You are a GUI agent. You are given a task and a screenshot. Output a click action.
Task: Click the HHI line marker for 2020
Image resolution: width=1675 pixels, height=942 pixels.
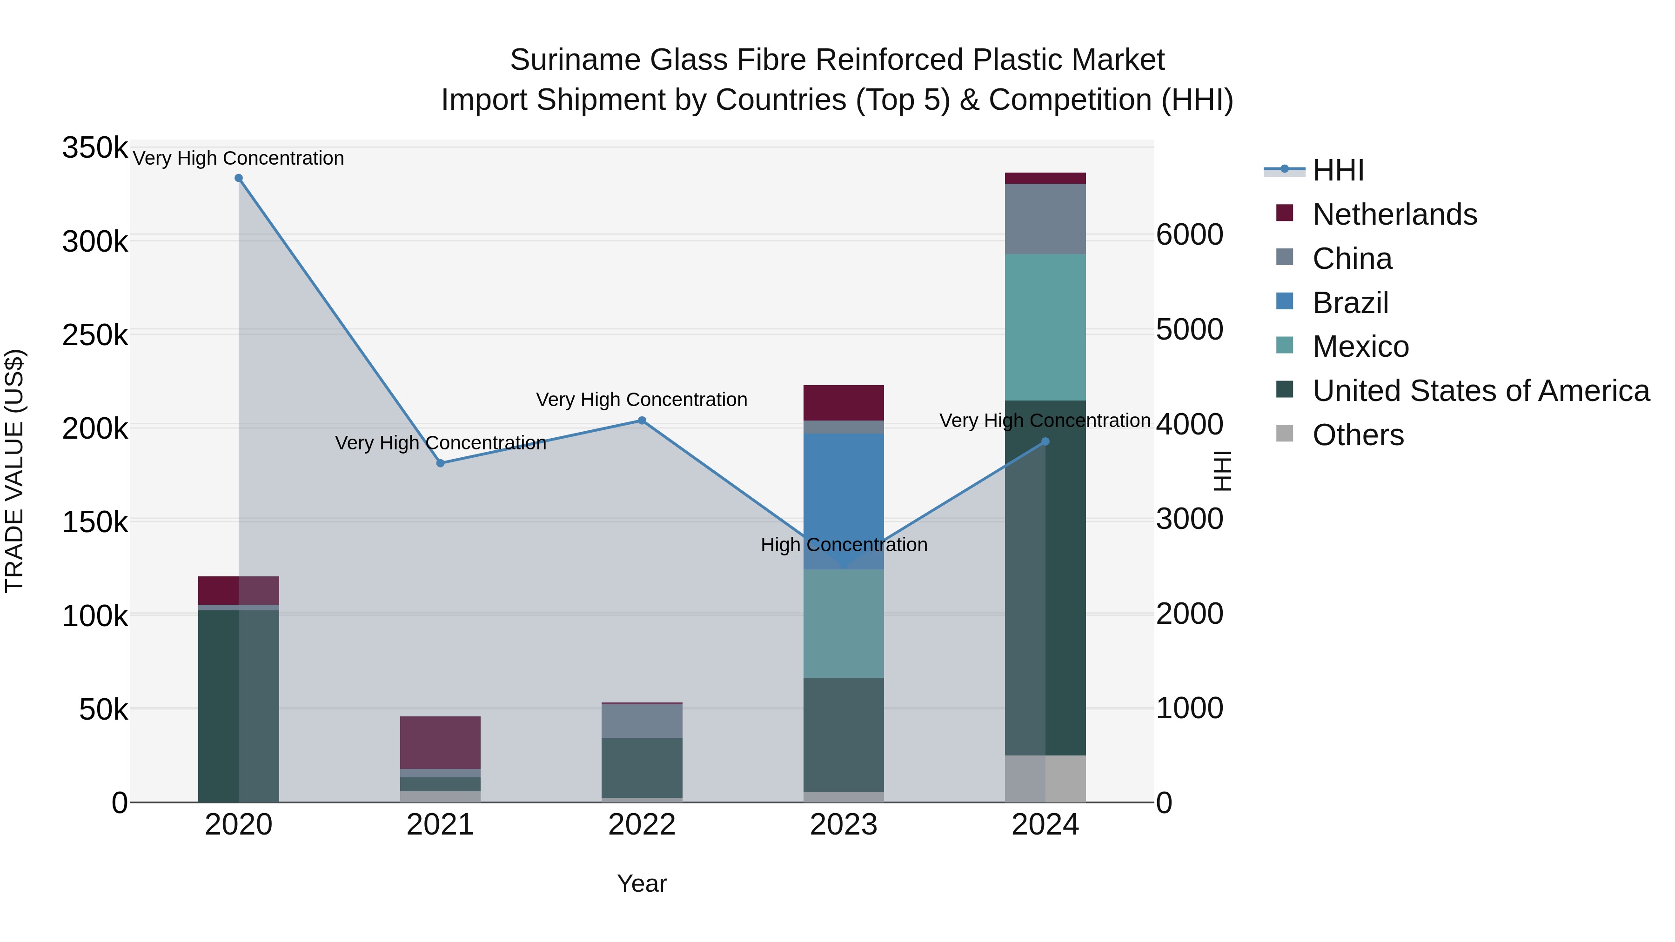239,178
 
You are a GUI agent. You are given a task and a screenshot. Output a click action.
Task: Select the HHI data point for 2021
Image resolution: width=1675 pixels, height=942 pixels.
440,463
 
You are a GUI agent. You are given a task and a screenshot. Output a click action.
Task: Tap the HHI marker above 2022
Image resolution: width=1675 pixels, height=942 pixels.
642,421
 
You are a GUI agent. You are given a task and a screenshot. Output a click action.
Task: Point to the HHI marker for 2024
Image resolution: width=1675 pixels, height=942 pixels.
1045,441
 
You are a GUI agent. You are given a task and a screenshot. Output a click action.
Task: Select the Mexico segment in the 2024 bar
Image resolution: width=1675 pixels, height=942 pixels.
1045,327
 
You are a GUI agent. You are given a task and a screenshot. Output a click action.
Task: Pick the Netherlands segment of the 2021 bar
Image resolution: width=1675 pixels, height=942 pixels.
440,742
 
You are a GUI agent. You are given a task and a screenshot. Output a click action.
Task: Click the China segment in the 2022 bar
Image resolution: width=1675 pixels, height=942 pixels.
642,721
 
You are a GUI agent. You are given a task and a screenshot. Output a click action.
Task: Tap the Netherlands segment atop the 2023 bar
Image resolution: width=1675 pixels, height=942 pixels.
844,402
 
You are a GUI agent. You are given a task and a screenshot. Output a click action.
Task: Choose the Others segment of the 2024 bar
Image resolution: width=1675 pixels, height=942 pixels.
1045,778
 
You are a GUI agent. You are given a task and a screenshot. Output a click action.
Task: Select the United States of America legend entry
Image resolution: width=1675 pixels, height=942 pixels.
1480,391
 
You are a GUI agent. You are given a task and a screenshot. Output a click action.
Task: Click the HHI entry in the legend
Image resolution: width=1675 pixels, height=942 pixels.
1338,170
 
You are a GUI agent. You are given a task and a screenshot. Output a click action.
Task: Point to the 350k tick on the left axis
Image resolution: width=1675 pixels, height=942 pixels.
95,148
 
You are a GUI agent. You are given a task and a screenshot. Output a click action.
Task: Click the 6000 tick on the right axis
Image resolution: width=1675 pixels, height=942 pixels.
1189,235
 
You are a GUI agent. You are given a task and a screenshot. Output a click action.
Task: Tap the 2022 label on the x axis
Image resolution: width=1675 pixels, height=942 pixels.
642,825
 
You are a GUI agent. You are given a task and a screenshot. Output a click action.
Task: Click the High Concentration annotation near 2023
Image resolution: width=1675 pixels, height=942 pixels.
844,545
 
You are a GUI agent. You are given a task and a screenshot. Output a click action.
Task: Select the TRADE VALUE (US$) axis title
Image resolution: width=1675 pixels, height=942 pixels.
14,471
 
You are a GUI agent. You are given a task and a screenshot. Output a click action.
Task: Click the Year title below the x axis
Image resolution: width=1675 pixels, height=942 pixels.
642,883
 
